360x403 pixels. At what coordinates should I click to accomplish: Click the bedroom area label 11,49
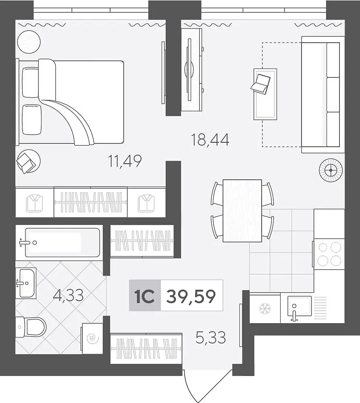tap(125, 162)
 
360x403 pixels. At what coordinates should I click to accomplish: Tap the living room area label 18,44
tap(210, 140)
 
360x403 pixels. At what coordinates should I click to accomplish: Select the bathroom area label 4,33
tap(68, 295)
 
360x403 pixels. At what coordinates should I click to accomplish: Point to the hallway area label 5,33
tap(211, 337)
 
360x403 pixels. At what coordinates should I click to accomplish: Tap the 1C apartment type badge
tap(144, 296)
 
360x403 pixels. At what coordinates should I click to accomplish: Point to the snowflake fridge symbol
tap(265, 309)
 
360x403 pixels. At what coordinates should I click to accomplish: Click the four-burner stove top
tap(329, 254)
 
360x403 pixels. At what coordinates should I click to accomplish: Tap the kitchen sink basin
tap(300, 306)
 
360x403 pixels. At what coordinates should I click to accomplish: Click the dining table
tap(242, 211)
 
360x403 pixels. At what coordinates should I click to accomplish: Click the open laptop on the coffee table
tap(261, 83)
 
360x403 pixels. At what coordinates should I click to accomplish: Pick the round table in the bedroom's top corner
tap(29, 42)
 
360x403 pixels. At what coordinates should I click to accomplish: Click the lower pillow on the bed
tap(31, 120)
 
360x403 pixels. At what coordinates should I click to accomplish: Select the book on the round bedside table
tap(26, 163)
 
